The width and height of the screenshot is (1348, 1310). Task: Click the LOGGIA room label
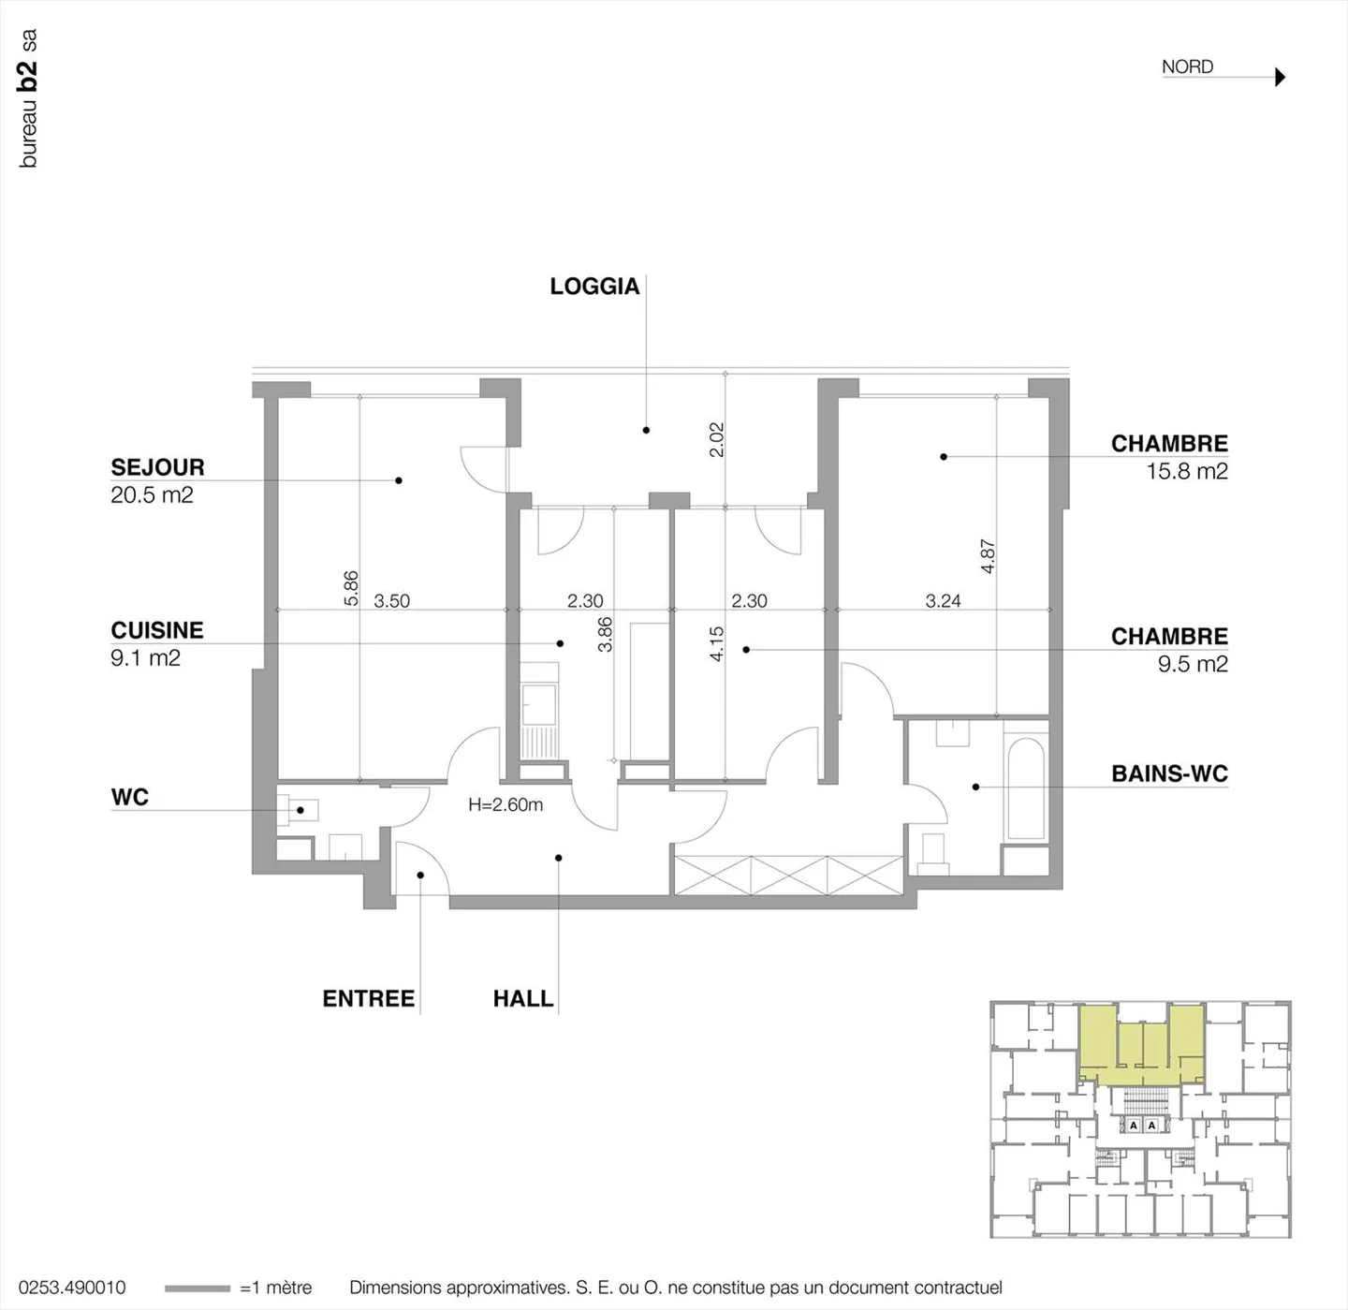pos(594,287)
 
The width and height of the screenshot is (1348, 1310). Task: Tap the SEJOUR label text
pos(157,467)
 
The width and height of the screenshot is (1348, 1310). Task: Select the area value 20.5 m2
pos(152,495)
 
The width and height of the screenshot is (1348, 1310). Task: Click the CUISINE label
pos(157,630)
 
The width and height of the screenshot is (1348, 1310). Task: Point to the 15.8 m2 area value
pos(1187,471)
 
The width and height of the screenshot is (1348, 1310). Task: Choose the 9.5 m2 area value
pos(1193,664)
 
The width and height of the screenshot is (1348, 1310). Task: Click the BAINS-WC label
pos(1169,773)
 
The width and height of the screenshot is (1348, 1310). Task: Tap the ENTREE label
pos(369,998)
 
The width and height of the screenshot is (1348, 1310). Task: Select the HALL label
pos(523,998)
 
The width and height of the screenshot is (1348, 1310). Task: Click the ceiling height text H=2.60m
pos(505,804)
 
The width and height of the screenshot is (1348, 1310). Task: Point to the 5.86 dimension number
pos(351,588)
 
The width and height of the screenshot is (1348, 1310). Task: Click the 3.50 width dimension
pos(391,601)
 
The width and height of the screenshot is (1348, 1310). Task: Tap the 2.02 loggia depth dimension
pos(717,439)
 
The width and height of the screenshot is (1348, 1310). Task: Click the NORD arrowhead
pos(1281,77)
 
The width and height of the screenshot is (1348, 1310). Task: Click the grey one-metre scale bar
pos(197,1288)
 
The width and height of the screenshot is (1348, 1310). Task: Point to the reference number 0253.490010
pos(72,1288)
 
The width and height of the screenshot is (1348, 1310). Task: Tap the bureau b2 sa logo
pos(29,98)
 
